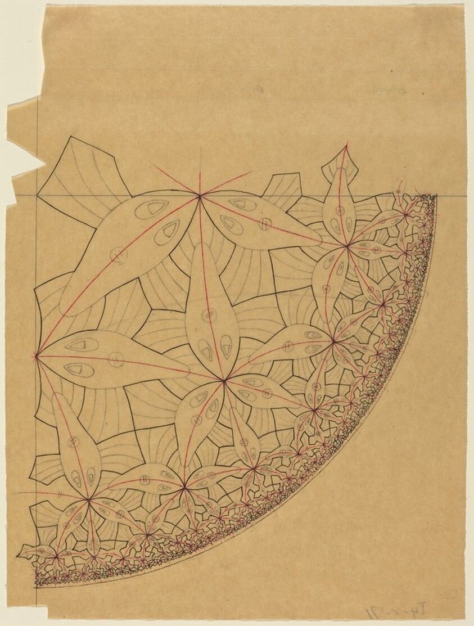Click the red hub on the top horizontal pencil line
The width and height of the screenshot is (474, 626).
click(200, 195)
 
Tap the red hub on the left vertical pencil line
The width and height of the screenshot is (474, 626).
click(37, 355)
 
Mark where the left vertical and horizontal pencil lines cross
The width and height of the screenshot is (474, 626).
click(37, 195)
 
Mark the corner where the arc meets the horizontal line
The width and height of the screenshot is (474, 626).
click(435, 195)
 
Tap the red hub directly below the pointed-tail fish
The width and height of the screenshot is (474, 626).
click(347, 246)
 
